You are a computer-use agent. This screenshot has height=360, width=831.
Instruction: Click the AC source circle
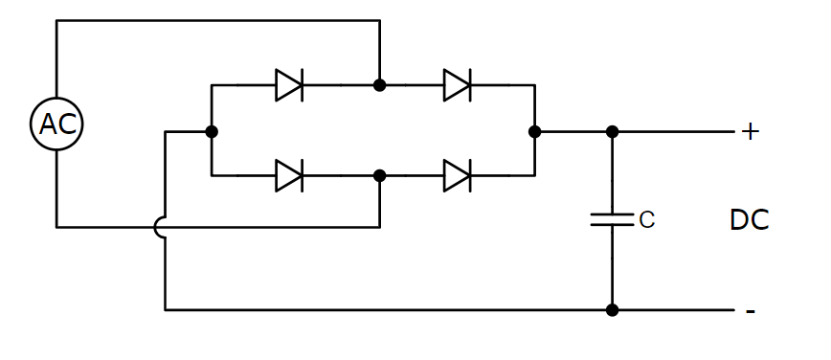pos(56,124)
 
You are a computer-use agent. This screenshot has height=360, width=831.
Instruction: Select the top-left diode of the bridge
pos(289,85)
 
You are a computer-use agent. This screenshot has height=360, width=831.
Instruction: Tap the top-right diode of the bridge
pos(458,85)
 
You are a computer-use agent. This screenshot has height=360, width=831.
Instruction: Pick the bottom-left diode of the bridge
pos(289,175)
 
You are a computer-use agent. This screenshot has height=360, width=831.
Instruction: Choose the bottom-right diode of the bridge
pos(458,175)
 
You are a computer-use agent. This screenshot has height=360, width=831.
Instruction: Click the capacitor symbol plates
pos(613,219)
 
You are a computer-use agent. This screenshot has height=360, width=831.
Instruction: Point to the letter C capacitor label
pos(646,220)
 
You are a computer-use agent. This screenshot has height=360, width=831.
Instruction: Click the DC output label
pos(749,220)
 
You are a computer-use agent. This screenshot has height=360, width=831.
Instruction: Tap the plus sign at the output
pos(750,132)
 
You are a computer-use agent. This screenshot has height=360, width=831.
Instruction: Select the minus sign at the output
pos(751,311)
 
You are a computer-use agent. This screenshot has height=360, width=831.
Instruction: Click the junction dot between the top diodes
pos(380,85)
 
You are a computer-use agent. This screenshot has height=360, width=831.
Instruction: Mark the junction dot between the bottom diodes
pos(380,175)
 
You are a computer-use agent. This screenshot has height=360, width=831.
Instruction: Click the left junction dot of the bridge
pos(212,131)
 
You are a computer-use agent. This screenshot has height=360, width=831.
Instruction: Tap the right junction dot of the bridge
pos(534,131)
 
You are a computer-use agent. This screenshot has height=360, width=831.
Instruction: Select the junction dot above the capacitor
pos(613,131)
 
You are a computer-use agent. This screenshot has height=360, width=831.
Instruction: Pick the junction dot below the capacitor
pos(613,309)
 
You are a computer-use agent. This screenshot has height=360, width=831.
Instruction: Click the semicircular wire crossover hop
pos(160,227)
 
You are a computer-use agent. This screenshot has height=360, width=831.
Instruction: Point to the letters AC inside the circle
pos(56,124)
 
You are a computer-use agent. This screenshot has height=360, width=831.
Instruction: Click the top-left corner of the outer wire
pos(56,21)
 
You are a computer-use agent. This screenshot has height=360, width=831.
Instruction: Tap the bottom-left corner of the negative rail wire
pos(166,309)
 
